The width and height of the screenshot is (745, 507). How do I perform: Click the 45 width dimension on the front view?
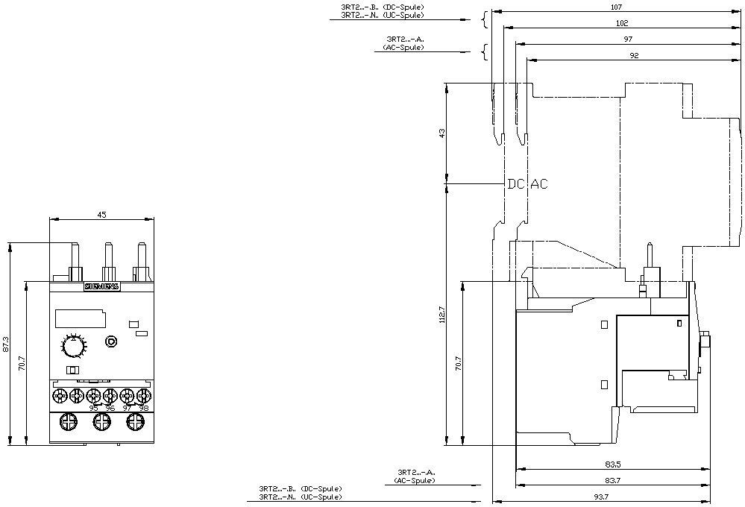[x=102, y=215]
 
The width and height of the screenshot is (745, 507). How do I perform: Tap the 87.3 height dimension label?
[x=7, y=344]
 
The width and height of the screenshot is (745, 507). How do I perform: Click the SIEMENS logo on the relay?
[x=101, y=286]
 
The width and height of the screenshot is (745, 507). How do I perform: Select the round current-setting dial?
[x=73, y=347]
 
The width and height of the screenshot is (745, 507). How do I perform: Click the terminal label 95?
[x=92, y=408]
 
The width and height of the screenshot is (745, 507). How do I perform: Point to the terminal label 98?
[x=144, y=408]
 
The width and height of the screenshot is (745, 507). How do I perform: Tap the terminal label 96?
[x=110, y=408]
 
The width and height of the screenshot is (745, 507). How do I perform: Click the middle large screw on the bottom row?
[x=101, y=423]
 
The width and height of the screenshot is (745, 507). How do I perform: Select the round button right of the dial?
[x=111, y=341]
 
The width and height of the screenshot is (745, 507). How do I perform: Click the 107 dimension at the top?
[x=616, y=7]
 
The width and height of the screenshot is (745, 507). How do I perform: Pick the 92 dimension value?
[x=633, y=55]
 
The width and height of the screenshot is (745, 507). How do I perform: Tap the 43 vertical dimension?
[x=441, y=133]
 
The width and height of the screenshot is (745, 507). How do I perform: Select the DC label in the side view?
[x=516, y=184]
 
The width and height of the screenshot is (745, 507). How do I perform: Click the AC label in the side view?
[x=538, y=184]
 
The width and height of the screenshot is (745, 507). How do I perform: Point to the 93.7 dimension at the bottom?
[x=601, y=496]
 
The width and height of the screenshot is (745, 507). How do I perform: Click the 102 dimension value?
[x=621, y=23]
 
